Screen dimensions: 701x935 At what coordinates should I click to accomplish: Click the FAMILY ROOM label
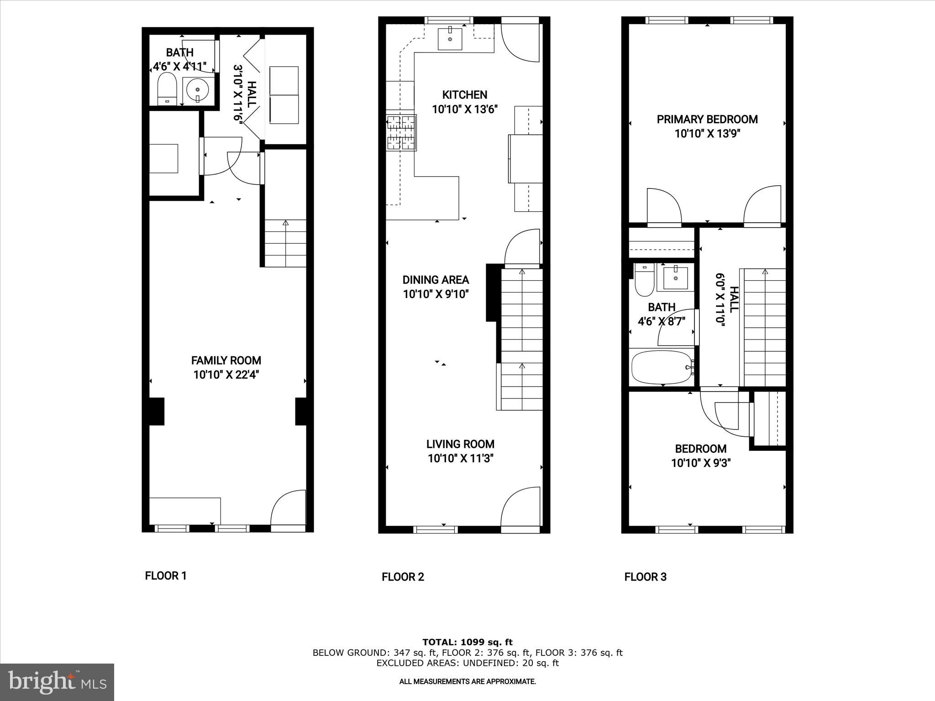(226, 361)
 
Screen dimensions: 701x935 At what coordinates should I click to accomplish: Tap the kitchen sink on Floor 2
(450, 38)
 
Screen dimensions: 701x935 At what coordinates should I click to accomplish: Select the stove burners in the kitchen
(401, 133)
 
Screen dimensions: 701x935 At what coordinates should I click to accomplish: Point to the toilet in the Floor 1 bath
(167, 89)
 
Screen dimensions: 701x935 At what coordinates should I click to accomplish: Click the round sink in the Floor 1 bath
(198, 90)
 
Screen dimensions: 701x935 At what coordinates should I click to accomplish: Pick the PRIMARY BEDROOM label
(707, 120)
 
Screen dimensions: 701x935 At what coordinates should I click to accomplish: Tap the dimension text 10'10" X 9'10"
(436, 294)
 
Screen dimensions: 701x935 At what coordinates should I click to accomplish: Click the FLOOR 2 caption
(403, 577)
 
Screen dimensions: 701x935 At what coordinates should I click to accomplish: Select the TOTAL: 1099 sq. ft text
(467, 643)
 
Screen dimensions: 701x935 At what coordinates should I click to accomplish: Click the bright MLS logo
(57, 682)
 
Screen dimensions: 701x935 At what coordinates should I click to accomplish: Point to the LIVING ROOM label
(460, 444)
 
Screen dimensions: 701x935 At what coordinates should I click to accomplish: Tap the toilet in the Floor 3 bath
(644, 280)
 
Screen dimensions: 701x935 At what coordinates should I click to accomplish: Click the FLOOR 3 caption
(645, 577)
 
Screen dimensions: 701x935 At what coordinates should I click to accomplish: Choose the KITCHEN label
(464, 95)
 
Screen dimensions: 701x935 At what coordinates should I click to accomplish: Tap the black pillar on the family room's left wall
(157, 412)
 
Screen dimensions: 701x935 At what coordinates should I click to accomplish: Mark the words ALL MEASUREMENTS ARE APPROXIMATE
(467, 681)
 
